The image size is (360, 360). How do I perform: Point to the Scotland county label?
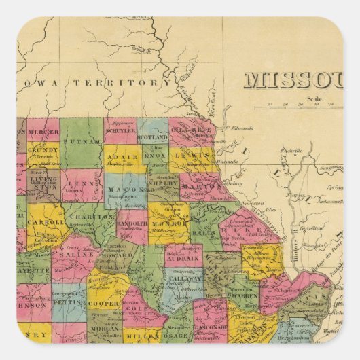pos(153,136)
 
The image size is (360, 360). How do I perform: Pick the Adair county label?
pos(123,156)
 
